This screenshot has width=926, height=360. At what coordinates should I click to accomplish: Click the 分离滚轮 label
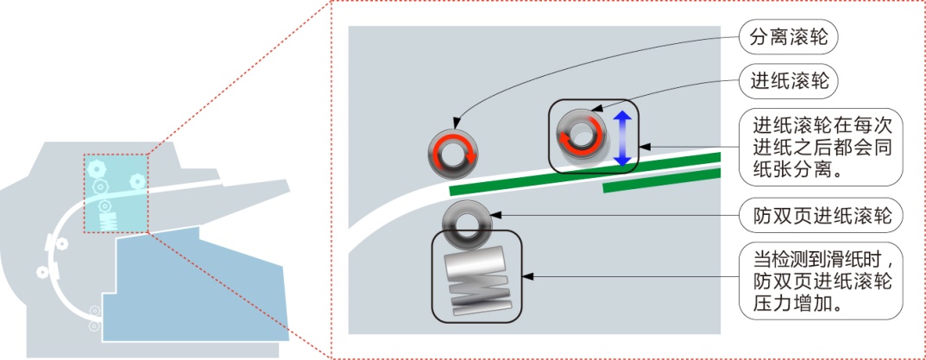[x=789, y=39]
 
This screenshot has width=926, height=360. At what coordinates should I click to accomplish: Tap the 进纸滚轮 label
[x=789, y=81]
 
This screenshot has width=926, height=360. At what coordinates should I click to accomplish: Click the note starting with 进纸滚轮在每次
[x=821, y=147]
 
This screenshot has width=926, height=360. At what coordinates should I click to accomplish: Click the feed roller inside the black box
[x=581, y=136]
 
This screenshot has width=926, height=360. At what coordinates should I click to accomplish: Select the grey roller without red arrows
[x=467, y=225]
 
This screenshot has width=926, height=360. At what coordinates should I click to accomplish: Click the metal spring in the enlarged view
[x=477, y=280]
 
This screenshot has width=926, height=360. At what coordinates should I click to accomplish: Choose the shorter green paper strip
[x=662, y=180]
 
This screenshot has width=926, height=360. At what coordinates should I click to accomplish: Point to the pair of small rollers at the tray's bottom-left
[x=93, y=318]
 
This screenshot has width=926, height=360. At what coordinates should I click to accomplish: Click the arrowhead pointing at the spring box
[x=527, y=276]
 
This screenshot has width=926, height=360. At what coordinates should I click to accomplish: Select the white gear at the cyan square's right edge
[x=137, y=179]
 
